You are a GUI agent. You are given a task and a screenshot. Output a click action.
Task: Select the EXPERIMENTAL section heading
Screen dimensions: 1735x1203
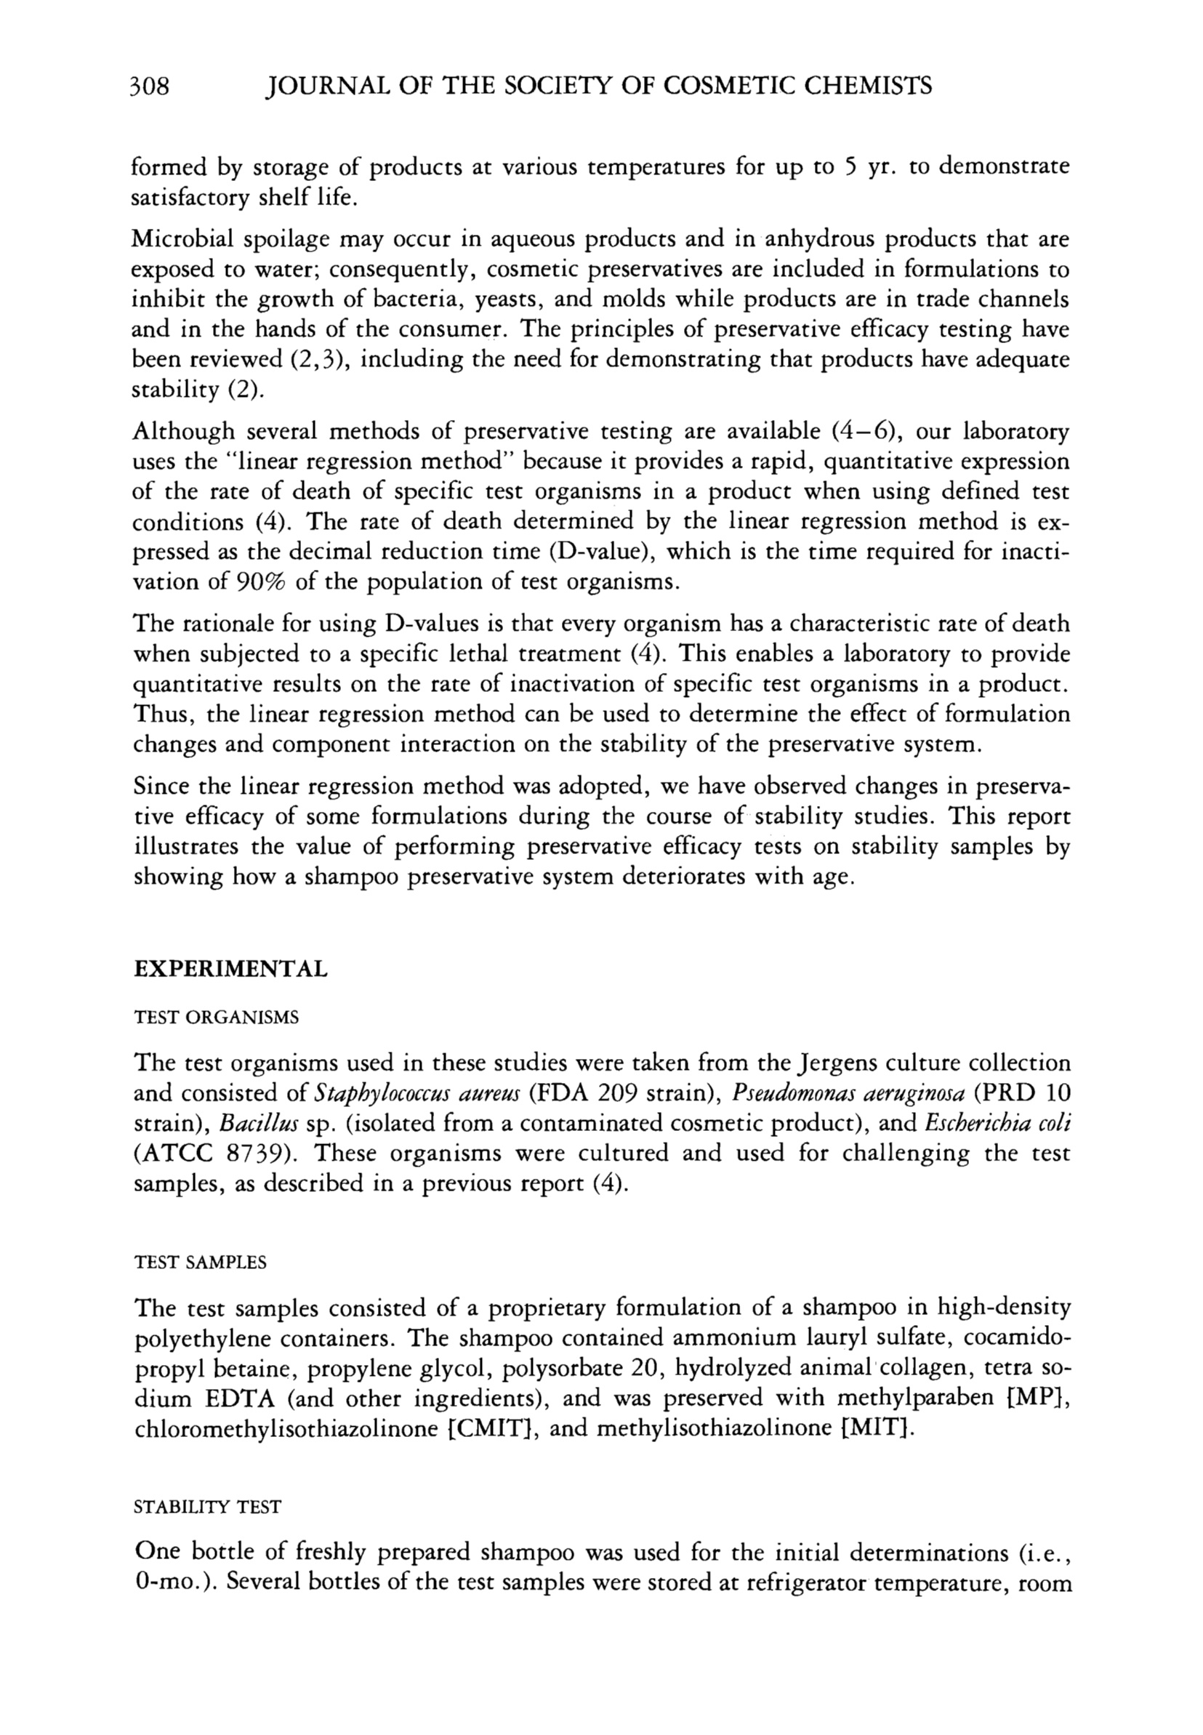click(x=230, y=968)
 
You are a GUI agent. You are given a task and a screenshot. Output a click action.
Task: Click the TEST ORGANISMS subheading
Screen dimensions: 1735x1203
click(x=216, y=1018)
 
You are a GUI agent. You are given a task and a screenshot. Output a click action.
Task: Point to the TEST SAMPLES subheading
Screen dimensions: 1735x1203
click(x=200, y=1263)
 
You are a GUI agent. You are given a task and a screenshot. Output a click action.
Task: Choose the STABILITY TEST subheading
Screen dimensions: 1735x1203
click(x=206, y=1507)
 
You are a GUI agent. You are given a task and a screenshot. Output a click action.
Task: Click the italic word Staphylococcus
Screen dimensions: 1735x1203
click(x=362, y=1095)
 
